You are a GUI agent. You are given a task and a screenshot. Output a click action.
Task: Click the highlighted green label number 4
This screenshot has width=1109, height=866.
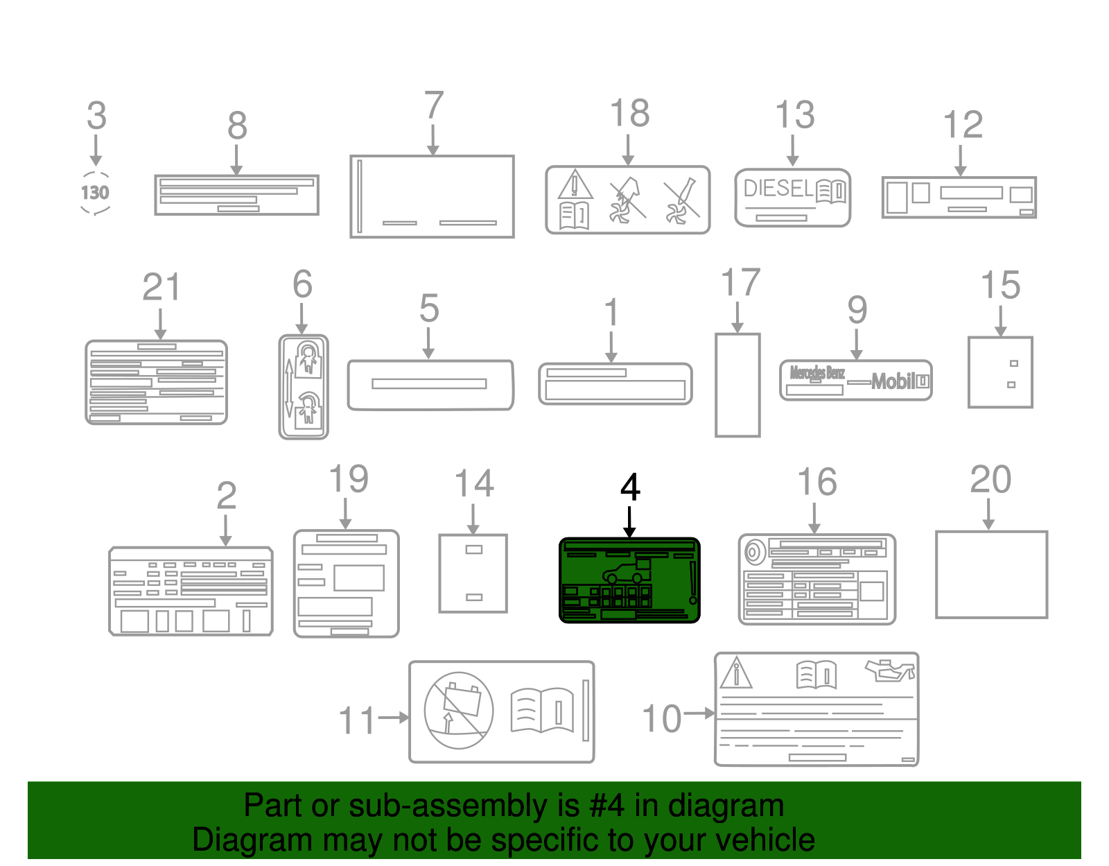tap(629, 580)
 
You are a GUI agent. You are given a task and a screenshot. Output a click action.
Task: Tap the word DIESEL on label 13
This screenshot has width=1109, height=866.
tap(778, 189)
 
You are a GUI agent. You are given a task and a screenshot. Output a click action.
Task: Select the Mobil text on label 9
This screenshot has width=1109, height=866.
tap(893, 381)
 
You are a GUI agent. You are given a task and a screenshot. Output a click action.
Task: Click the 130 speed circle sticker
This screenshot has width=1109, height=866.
tap(96, 193)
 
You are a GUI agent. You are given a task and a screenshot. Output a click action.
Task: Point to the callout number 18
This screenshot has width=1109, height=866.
tap(629, 113)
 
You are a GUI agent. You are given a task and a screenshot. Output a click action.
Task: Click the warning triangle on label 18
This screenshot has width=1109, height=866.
tap(575, 185)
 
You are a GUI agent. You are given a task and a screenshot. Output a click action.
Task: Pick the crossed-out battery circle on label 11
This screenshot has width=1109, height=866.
tap(458, 711)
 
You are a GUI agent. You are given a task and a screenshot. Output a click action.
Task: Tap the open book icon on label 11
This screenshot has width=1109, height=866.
tap(543, 710)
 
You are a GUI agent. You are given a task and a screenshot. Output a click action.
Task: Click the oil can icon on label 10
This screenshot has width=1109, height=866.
tap(890, 671)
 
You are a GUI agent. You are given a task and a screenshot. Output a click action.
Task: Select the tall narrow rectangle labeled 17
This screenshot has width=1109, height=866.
tap(737, 385)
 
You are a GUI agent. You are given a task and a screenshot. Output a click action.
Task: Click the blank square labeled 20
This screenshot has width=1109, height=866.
tap(991, 574)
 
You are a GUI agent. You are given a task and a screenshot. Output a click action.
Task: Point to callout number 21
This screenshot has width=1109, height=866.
tap(161, 287)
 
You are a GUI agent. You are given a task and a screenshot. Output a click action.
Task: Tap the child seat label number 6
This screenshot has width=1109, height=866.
tap(304, 387)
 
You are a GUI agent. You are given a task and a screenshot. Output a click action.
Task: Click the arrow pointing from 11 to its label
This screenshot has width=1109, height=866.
tap(393, 718)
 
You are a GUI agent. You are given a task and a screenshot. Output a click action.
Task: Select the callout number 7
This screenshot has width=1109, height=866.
tap(434, 105)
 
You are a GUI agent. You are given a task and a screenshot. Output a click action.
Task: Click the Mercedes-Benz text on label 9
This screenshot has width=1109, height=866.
tap(817, 373)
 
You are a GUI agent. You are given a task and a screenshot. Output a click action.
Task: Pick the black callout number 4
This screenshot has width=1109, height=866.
tap(630, 487)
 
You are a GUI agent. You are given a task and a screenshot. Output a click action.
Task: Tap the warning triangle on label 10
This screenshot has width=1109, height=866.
tap(736, 673)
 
